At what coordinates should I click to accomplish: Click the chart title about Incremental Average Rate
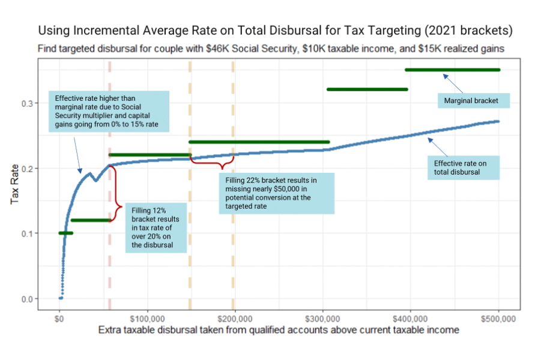[x=276, y=30]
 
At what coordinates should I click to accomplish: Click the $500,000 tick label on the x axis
[x=499, y=317]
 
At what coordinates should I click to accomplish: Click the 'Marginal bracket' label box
[x=471, y=101]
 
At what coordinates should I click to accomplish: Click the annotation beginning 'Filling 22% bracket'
[x=276, y=193]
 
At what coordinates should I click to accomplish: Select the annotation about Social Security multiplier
[x=109, y=112]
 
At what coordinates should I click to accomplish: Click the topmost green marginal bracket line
[x=452, y=70]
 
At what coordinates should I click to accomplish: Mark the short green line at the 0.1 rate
[x=65, y=233]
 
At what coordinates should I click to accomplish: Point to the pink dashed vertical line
[x=109, y=270]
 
